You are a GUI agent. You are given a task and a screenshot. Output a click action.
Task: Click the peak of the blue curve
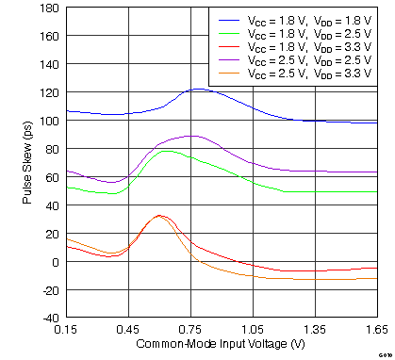199,90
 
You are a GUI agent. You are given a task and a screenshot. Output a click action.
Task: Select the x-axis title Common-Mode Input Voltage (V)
222,345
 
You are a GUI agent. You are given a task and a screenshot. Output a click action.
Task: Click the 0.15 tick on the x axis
66,331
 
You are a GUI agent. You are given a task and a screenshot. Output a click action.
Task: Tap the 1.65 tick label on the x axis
375,331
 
